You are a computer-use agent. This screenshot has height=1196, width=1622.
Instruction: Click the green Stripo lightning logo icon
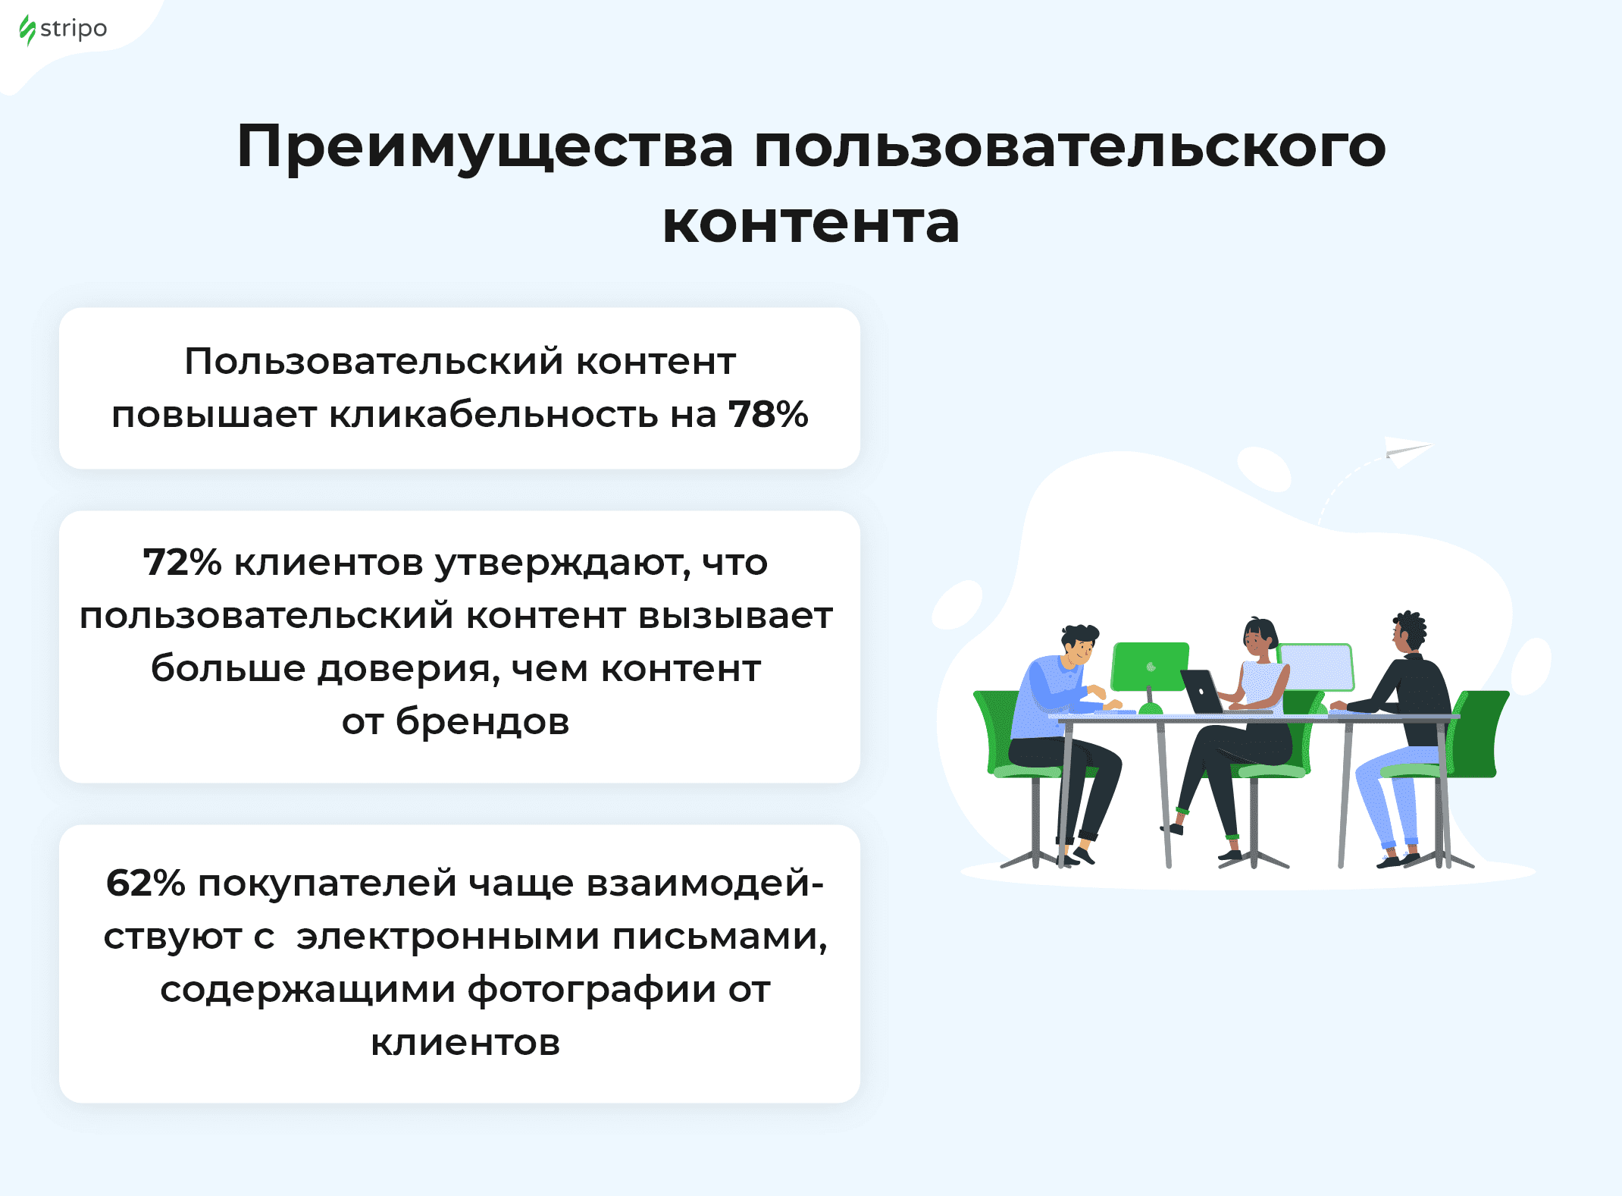27,30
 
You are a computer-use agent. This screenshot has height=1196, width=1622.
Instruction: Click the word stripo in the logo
74,30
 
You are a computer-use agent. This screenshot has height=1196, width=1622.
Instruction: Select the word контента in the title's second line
811,223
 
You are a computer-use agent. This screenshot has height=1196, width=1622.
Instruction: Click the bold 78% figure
769,414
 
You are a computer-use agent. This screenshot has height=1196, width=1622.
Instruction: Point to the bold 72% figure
182,563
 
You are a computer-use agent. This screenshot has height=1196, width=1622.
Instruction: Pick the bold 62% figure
146,884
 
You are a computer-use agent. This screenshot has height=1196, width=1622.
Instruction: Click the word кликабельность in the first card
493,415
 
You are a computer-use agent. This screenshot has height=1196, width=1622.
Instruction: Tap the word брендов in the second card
482,721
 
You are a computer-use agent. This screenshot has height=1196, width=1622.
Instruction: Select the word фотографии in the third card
591,991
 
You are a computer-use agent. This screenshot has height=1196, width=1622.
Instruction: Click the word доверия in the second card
409,670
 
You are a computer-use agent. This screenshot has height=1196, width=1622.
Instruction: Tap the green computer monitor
1150,667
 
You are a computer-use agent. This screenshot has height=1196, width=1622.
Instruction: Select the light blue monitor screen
1316,667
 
